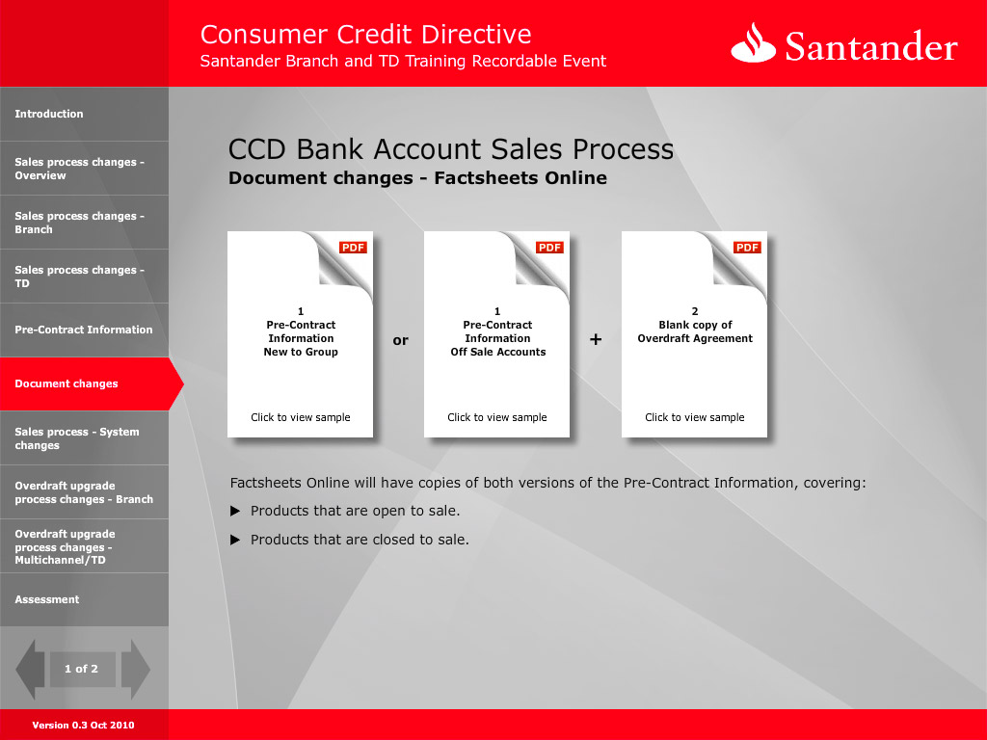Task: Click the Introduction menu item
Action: tap(49, 114)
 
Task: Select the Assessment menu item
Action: tap(47, 599)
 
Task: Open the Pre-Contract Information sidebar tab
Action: tap(84, 330)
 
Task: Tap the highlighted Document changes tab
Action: tap(67, 383)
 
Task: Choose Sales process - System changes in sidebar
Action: tap(77, 438)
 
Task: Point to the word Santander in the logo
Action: tap(871, 46)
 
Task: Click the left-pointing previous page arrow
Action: tap(30, 670)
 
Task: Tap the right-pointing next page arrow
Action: tap(135, 670)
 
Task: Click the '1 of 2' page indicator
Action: tap(81, 669)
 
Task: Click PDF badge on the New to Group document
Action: tap(353, 248)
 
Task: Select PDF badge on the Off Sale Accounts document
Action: tap(549, 248)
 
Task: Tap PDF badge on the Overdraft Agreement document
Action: tap(747, 248)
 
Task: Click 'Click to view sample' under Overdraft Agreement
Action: tap(694, 417)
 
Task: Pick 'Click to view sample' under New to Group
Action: tap(301, 417)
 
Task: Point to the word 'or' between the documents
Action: tap(400, 340)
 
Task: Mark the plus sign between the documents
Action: tap(596, 340)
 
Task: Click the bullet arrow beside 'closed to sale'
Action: tap(235, 540)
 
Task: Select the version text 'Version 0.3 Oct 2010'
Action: tap(83, 725)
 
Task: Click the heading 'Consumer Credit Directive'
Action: tap(365, 34)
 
